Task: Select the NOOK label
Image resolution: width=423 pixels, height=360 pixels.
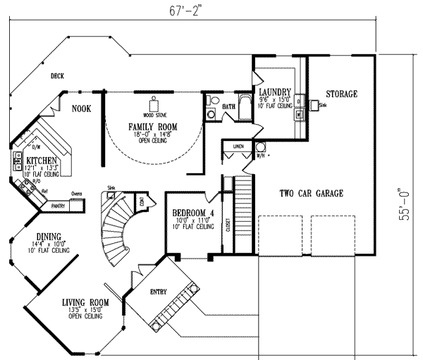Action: [x=82, y=108]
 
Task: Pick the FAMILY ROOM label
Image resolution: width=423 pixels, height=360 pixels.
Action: [x=152, y=127]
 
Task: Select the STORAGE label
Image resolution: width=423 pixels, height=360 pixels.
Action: [x=341, y=94]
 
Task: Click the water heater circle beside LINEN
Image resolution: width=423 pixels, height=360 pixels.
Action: [x=260, y=147]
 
